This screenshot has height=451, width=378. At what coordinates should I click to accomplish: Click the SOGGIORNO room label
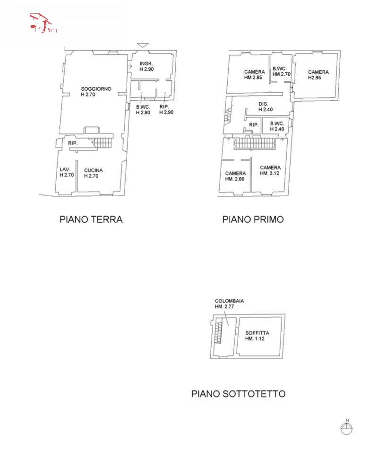click(x=96, y=88)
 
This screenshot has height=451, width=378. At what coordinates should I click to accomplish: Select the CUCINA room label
click(x=93, y=170)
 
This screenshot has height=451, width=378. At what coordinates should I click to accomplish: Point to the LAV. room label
click(x=65, y=169)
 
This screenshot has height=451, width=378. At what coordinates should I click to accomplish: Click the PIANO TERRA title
click(x=91, y=219)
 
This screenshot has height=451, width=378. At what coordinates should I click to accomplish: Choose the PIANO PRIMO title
click(x=253, y=219)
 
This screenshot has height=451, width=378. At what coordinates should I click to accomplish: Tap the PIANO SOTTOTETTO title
click(x=238, y=393)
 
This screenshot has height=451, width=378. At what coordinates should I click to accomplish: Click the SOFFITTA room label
click(x=258, y=333)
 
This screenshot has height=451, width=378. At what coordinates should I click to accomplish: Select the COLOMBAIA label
click(x=229, y=301)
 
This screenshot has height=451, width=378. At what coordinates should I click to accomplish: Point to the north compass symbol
click(x=346, y=428)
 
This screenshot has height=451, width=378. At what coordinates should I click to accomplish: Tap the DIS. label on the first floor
click(x=264, y=104)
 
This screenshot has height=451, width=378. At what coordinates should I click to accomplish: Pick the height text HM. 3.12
click(x=270, y=173)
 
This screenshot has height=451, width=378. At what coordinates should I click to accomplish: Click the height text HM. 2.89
click(x=235, y=179)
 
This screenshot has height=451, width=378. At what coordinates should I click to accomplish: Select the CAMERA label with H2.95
click(x=318, y=72)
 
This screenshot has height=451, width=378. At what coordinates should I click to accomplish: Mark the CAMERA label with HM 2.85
click(x=254, y=72)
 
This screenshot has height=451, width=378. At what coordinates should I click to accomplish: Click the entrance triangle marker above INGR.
click(x=142, y=45)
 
